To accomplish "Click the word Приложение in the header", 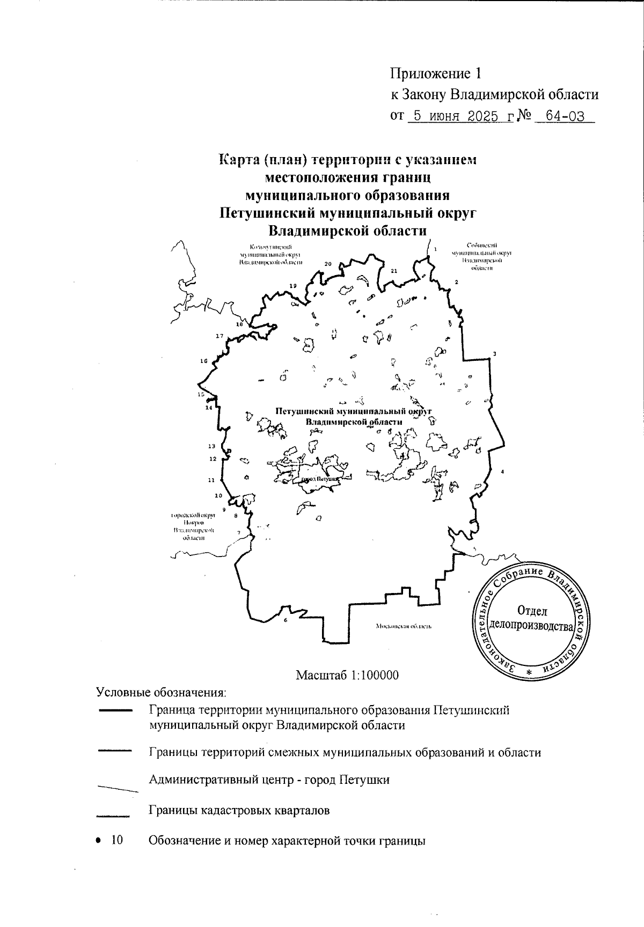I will pos(427,73).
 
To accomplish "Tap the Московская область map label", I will pos(404,626).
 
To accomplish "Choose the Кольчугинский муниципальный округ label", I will pos(270,254).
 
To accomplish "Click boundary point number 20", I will pos(328,264).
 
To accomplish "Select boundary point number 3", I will pos(495,353).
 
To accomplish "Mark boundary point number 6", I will pos(286,620).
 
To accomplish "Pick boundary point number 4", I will pos(502,471).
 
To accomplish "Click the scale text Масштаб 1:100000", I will pos(347,674).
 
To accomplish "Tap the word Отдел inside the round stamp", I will pos(532,611).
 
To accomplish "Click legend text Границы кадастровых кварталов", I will pos(239,810).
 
